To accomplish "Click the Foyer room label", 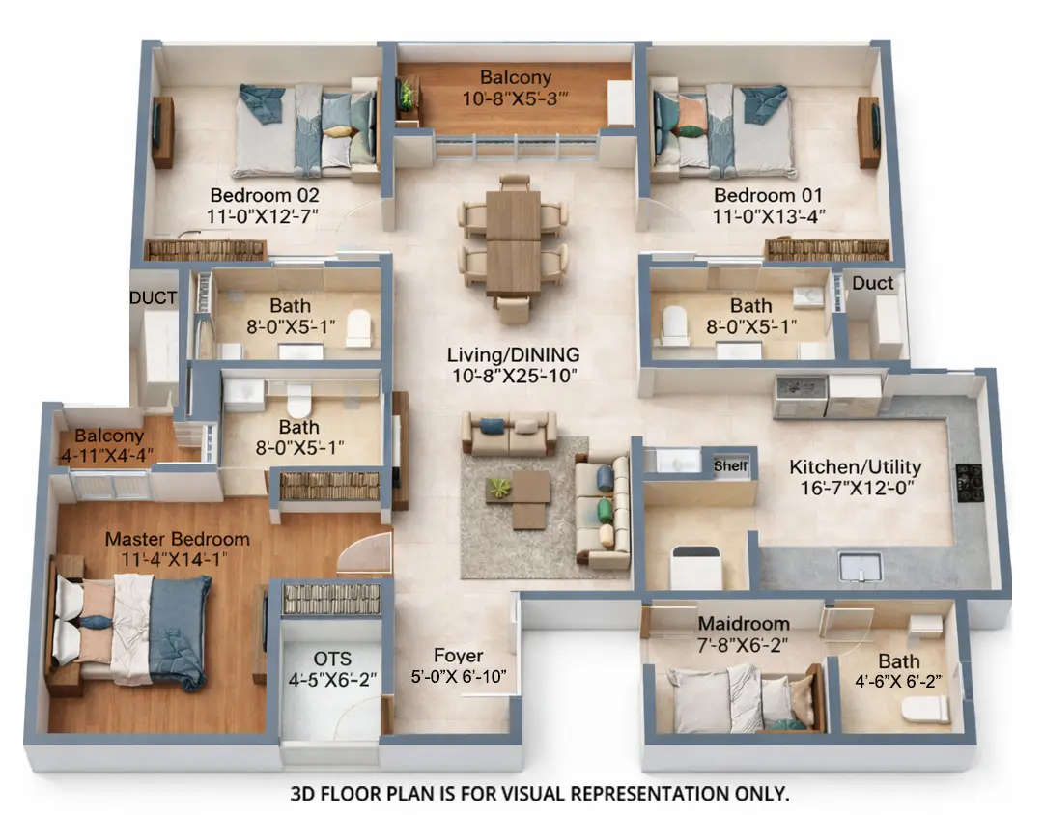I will click(x=458, y=655).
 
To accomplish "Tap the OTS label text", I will click(x=333, y=659).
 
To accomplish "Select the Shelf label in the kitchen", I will click(x=730, y=465).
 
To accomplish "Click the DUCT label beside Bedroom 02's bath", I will click(x=154, y=298).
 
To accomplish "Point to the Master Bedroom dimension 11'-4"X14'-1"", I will click(x=177, y=558).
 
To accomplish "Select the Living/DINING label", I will click(x=512, y=353).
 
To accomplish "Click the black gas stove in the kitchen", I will click(x=969, y=480).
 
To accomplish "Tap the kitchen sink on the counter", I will click(x=859, y=566).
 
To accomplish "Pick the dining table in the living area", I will click(x=513, y=241).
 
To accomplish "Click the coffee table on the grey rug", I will click(x=522, y=496).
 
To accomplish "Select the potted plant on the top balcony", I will click(x=407, y=95).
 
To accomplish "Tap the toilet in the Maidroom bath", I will click(x=924, y=710).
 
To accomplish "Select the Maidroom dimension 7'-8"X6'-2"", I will click(x=744, y=644).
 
